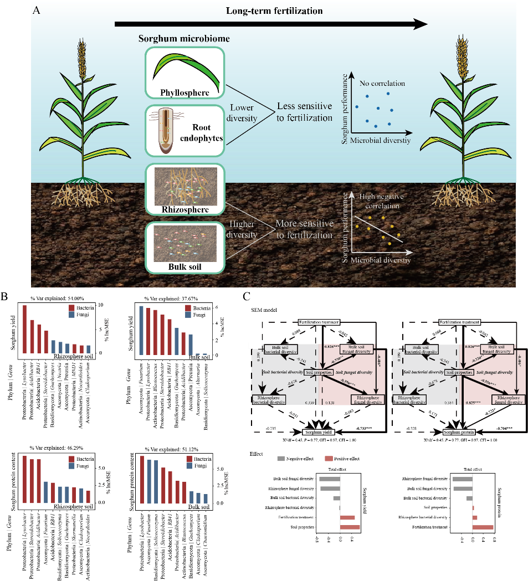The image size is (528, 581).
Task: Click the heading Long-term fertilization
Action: (x=274, y=11)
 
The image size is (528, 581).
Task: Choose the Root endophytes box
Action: (x=184, y=131)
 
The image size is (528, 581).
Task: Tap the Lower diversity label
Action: (x=243, y=113)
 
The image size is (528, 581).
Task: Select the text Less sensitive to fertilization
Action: (x=305, y=111)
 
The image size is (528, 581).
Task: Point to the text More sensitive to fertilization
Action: (x=305, y=229)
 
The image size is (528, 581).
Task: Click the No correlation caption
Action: (x=382, y=84)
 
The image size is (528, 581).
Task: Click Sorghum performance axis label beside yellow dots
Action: (x=345, y=227)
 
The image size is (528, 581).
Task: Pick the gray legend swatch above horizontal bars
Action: (x=281, y=459)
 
